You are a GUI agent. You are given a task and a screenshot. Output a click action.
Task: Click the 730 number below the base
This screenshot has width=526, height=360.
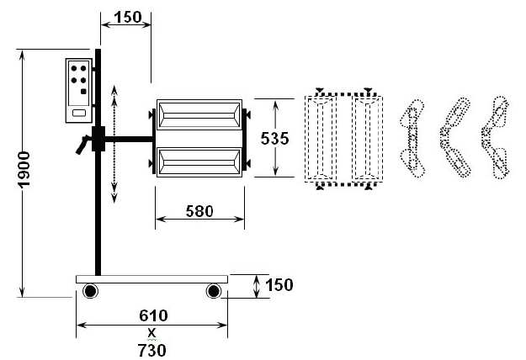(x=152, y=348)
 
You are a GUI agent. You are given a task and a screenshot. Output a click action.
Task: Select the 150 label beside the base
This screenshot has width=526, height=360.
(x=279, y=285)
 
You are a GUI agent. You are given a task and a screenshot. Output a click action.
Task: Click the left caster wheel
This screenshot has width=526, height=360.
(x=89, y=292)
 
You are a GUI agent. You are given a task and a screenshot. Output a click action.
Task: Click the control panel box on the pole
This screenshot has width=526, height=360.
(x=79, y=89)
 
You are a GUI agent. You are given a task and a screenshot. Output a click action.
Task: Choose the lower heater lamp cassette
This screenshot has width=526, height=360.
(x=199, y=160)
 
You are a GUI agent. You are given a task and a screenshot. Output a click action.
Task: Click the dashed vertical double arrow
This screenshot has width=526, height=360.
(x=114, y=143)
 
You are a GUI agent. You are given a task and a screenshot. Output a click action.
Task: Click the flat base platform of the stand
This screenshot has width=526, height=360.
(x=152, y=278)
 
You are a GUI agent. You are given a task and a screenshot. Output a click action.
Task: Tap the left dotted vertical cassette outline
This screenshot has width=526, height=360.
(x=321, y=138)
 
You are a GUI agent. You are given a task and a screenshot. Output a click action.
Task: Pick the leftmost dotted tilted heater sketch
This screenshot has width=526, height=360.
(x=413, y=138)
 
